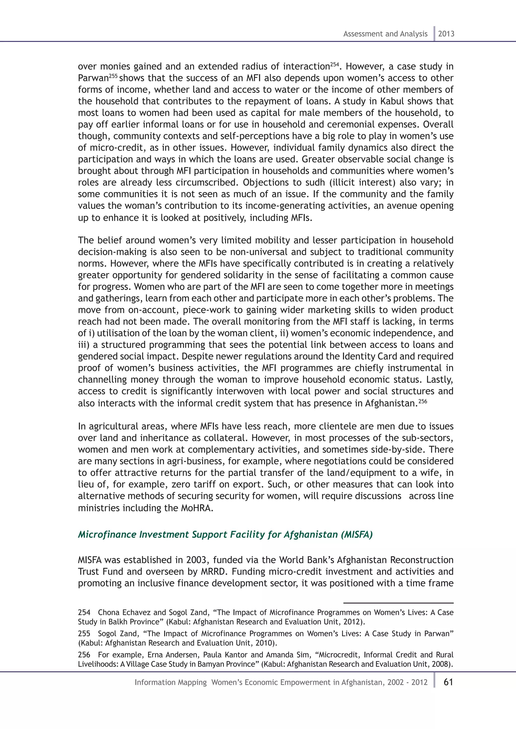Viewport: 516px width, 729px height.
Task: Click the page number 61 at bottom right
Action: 448,682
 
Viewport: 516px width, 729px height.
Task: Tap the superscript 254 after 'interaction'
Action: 335,64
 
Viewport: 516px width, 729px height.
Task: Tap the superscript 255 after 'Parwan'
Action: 114,76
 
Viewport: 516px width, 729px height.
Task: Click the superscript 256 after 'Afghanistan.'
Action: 423,401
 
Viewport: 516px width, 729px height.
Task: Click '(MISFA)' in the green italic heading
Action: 357,535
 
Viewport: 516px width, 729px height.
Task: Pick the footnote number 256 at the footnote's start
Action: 84,655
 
